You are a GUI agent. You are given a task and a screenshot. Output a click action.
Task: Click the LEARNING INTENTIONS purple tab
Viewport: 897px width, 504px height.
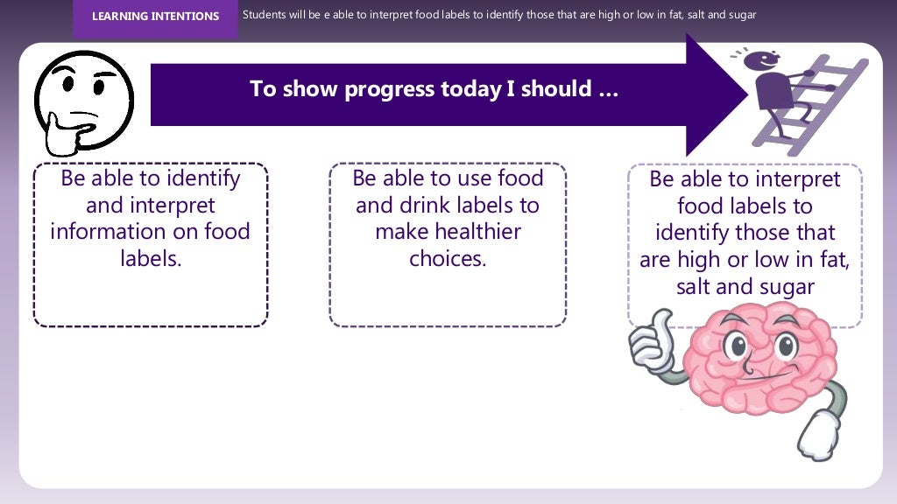155,17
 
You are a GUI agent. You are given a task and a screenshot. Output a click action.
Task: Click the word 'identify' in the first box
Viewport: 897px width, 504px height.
202,178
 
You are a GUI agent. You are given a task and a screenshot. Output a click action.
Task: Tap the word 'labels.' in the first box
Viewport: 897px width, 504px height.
151,259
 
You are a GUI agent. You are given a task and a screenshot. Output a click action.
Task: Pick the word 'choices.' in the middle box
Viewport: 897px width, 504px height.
448,259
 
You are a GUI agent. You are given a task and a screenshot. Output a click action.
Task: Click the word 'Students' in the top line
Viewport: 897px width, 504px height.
262,15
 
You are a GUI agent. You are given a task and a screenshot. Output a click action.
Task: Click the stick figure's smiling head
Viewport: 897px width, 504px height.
766,61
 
